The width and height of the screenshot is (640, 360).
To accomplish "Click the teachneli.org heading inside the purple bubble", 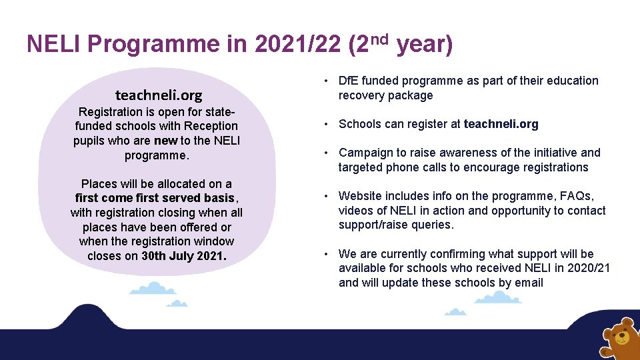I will point(158,95).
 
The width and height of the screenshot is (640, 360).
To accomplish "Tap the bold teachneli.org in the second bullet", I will point(501,124).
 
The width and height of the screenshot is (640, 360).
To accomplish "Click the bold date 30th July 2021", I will point(184,256).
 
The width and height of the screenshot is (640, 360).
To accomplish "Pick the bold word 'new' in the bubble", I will point(165,140).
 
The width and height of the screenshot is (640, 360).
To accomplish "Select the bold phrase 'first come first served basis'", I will point(155,198).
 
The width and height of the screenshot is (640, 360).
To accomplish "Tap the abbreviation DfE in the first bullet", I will point(349,81).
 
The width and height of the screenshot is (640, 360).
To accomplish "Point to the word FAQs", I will point(577,196).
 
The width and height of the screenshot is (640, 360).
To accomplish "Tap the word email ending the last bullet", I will point(528,283).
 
